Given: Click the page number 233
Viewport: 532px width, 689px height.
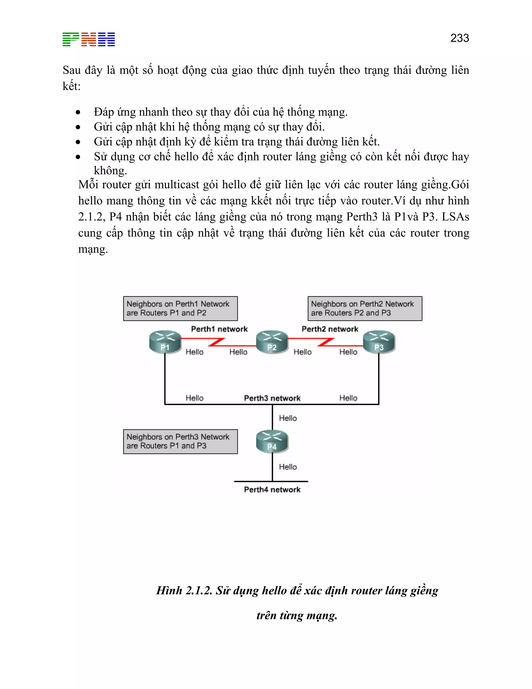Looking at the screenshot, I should coord(459,38).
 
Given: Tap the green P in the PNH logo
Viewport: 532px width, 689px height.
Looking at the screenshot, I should coord(71,40).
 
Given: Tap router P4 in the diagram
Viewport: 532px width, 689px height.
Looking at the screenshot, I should coord(272,441).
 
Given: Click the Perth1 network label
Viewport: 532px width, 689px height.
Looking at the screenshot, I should coord(219,329).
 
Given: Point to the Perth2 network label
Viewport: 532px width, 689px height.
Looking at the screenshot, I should coord(330,329).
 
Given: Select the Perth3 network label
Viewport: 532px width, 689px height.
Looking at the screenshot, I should coord(272,398).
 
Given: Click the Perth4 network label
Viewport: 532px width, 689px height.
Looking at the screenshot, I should coord(272,490).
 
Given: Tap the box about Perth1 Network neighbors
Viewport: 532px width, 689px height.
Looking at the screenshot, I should coord(180,309).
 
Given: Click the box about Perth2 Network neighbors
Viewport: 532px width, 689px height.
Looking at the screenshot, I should coord(365,309).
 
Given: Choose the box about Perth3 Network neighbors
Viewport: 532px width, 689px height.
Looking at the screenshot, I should coord(180,441).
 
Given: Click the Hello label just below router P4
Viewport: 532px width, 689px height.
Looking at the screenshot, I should coord(288,467).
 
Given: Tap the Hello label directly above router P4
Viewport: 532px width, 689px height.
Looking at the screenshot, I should coord(288,418).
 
